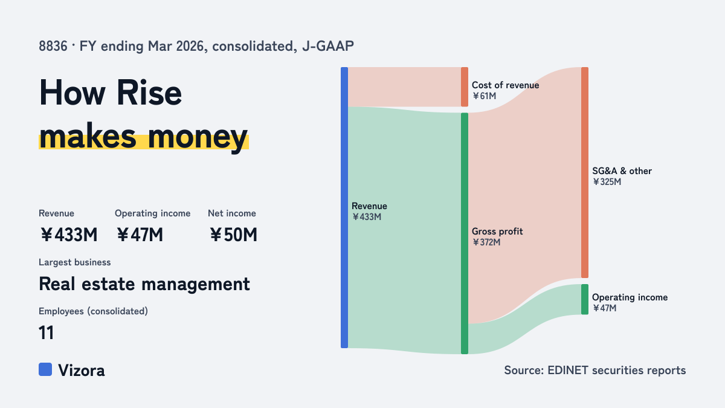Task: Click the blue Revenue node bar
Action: pyautogui.click(x=344, y=207)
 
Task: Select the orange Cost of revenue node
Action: pyautogui.click(x=465, y=87)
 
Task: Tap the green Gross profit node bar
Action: pyautogui.click(x=465, y=233)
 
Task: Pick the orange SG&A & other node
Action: pyautogui.click(x=585, y=172)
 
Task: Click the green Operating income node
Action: pyautogui.click(x=585, y=299)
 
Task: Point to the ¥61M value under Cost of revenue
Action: pyautogui.click(x=484, y=96)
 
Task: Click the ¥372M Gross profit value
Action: pyautogui.click(x=486, y=242)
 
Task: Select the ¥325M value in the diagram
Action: pyautogui.click(x=607, y=182)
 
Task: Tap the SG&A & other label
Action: pyautogui.click(x=622, y=171)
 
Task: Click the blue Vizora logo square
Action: pyautogui.click(x=45, y=369)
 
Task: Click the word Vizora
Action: pyautogui.click(x=81, y=371)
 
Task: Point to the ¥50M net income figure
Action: pyautogui.click(x=233, y=235)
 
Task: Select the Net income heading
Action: pyautogui.click(x=232, y=213)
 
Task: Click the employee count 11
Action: pyautogui.click(x=47, y=332)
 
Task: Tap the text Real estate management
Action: pyautogui.click(x=144, y=284)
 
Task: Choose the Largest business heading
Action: pyautogui.click(x=75, y=262)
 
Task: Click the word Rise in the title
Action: pyautogui.click(x=149, y=93)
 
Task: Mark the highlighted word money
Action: pyautogui.click(x=198, y=138)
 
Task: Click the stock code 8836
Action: pyautogui.click(x=53, y=47)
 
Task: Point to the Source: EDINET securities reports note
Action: pyautogui.click(x=595, y=370)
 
